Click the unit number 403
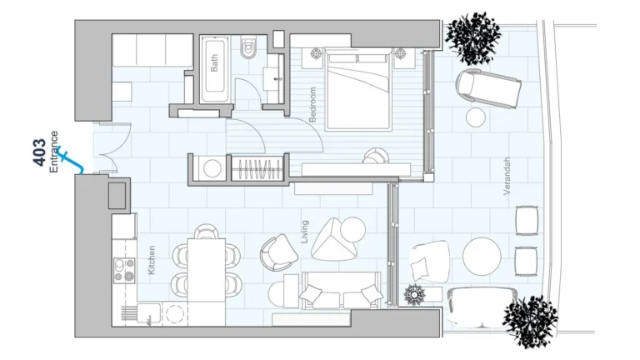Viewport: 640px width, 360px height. point(39,151)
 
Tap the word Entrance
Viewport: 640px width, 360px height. point(54,151)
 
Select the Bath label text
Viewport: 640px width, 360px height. point(214,64)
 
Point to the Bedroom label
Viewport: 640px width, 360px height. point(313,105)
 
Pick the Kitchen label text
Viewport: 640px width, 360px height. point(151,259)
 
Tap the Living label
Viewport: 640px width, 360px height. point(305,232)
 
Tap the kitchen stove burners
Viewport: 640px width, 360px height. point(124,269)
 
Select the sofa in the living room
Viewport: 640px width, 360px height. point(342,292)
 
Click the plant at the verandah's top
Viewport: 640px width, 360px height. point(472,36)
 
